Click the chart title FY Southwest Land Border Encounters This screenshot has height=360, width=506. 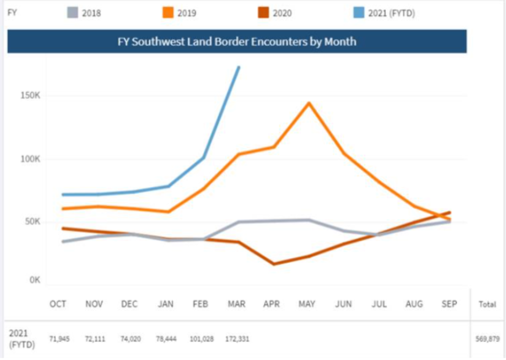tap(237, 41)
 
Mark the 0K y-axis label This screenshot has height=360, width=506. tap(35, 281)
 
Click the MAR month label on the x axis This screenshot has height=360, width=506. tap(236, 304)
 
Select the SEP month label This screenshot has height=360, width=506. tap(449, 304)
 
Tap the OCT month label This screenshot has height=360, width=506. tap(58, 304)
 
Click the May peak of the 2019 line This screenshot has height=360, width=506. tap(309, 103)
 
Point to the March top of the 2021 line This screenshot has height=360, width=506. tap(238, 67)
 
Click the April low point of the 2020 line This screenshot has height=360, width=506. tap(273, 264)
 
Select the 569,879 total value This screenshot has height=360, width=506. tap(487, 339)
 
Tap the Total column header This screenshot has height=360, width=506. tap(487, 305)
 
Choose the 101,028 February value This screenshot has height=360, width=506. tap(202, 339)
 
